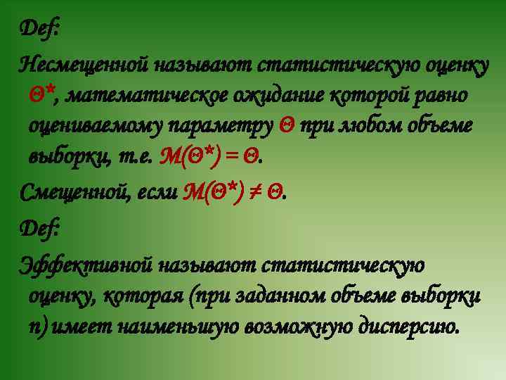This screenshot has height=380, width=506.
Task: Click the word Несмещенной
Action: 83,65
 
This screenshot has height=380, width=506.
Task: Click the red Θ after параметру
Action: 286,126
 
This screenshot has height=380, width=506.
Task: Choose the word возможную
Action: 297,327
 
